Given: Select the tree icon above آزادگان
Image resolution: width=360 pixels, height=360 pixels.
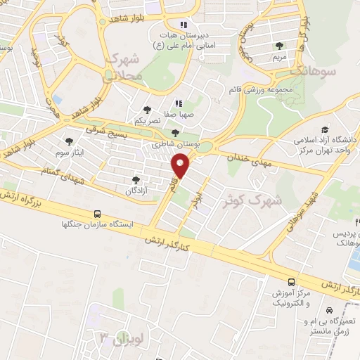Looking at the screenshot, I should pos(136,180).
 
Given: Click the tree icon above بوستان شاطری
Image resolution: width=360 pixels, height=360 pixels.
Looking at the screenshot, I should pos(175,132).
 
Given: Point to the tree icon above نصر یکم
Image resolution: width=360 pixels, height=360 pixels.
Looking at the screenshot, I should pos(147,110).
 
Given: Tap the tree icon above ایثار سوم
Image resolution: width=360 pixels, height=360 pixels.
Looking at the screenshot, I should pos(69,141).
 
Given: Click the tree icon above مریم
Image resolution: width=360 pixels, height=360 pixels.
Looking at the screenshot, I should pos(281,46).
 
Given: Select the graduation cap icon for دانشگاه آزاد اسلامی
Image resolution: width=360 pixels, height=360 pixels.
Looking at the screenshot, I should pos(325,129).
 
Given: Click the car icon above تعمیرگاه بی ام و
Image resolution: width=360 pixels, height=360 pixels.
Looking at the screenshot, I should pos(329,310).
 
